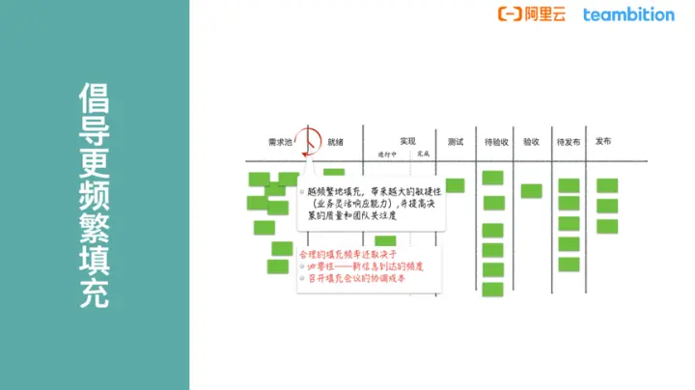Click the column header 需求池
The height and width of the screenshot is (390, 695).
[x=280, y=142]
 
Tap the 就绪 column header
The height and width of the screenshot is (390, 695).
[x=336, y=142]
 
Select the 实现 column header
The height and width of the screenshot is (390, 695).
[x=408, y=142]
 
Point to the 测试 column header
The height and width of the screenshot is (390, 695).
[x=457, y=142]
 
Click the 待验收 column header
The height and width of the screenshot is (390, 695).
[x=497, y=142]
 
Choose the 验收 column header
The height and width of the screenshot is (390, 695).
[x=531, y=142]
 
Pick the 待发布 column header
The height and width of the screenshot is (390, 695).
[x=569, y=142]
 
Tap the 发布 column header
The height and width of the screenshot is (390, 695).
[x=603, y=142]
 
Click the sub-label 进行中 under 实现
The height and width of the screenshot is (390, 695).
[x=388, y=154]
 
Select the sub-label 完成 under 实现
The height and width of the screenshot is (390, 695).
[x=423, y=154]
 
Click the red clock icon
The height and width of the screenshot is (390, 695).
[x=309, y=141]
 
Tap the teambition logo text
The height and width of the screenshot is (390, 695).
[x=628, y=14]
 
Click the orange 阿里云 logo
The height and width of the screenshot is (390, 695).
[x=532, y=14]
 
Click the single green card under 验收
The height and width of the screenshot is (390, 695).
[x=531, y=191]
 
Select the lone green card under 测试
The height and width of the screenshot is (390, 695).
[x=455, y=185]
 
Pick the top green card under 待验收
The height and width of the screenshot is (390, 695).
[x=493, y=178]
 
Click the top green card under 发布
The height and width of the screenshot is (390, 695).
[x=607, y=185]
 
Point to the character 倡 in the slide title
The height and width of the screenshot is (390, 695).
[x=94, y=98]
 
